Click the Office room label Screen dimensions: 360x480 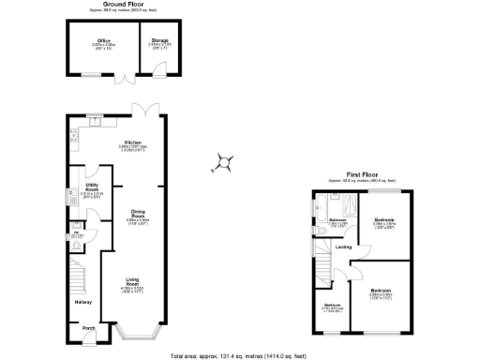click(103, 42)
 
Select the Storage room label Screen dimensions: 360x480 click(161, 42)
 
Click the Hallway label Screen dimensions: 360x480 click(82, 302)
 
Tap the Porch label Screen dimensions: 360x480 click(88, 327)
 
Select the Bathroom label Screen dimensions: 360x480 click(337, 220)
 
